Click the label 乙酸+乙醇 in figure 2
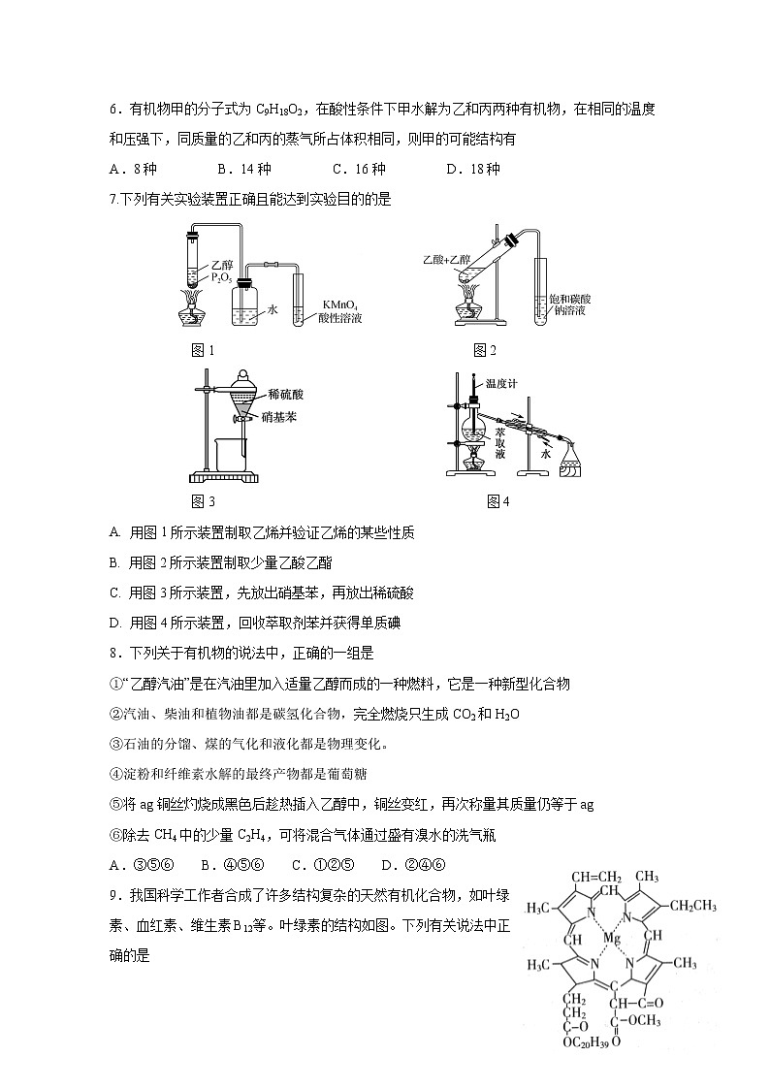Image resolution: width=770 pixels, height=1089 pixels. pyautogui.click(x=447, y=260)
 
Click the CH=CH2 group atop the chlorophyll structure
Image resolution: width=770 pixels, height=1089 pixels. pyautogui.click(x=595, y=877)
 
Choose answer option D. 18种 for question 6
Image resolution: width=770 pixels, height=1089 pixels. pyautogui.click(x=472, y=169)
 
